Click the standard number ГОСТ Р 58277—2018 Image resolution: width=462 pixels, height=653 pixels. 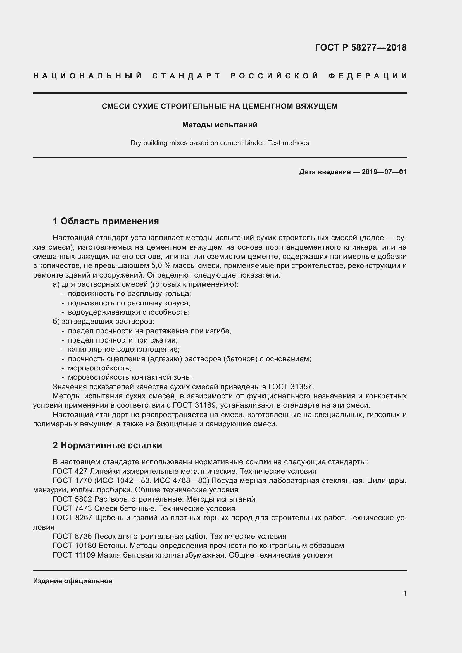click(x=360, y=47)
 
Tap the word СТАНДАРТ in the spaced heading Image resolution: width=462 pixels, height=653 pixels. click(x=186, y=76)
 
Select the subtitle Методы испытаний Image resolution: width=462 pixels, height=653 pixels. click(x=220, y=125)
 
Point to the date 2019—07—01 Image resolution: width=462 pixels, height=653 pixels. click(x=384, y=172)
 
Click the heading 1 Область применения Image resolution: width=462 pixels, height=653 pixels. click(x=106, y=221)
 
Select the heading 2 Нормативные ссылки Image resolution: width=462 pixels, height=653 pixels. click(x=107, y=445)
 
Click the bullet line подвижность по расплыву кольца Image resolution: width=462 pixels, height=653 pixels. click(x=129, y=293)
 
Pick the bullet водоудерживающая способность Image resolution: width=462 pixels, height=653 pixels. click(x=128, y=312)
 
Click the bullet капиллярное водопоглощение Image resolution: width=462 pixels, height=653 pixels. click(x=123, y=349)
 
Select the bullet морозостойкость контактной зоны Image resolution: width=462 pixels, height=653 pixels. click(x=130, y=377)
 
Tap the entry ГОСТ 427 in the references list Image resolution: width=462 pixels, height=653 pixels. click(x=70, y=471)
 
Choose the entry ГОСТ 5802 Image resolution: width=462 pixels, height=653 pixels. click(x=72, y=499)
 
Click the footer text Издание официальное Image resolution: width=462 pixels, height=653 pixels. click(x=73, y=581)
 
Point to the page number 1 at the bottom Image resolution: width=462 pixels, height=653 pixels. click(x=404, y=594)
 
